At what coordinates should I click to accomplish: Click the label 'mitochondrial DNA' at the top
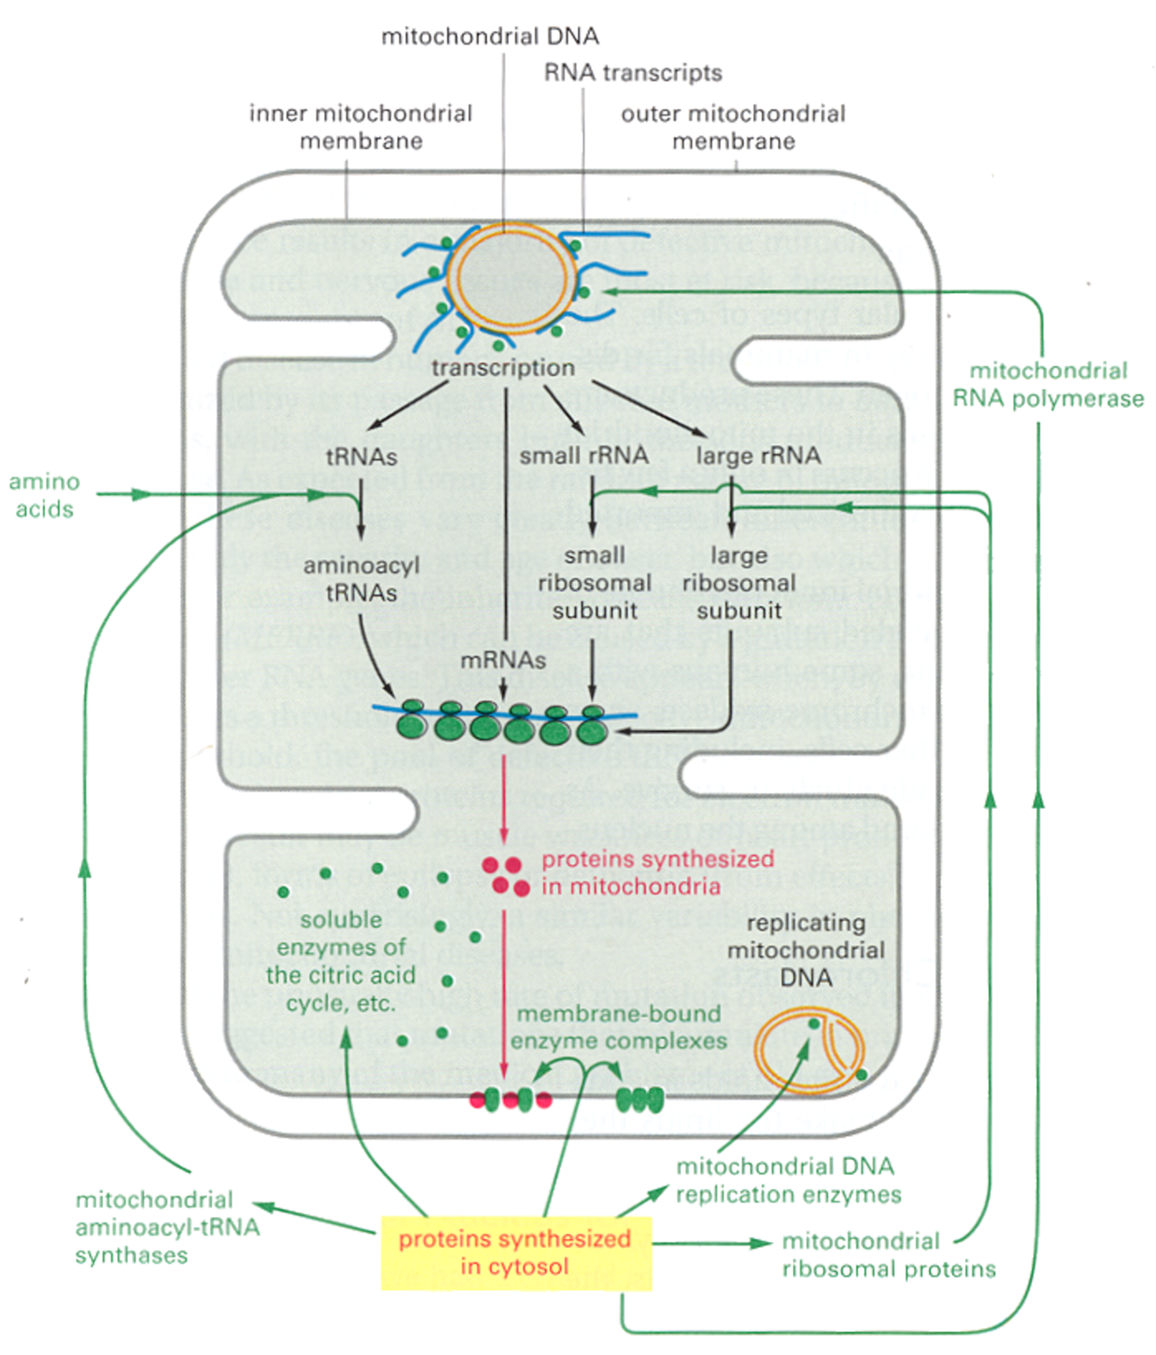(490, 36)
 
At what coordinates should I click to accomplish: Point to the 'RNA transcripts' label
(633, 73)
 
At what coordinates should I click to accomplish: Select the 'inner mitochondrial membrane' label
(360, 126)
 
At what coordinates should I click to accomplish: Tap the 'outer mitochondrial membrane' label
(733, 126)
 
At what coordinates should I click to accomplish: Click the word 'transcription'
(503, 367)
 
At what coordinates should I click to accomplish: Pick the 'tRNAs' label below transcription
(361, 456)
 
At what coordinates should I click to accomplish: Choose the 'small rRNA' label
(583, 455)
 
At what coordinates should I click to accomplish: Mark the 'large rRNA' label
(758, 455)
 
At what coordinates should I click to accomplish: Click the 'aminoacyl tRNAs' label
(361, 579)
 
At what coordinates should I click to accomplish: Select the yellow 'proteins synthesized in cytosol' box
(516, 1253)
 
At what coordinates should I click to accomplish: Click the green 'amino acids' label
(44, 495)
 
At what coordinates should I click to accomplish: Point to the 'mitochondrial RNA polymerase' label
(1048, 385)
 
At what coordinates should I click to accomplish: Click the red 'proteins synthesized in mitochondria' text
(657, 872)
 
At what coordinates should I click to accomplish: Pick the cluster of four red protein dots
(506, 875)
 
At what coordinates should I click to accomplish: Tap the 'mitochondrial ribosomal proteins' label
(888, 1255)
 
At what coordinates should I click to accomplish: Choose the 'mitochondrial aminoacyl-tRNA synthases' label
(166, 1227)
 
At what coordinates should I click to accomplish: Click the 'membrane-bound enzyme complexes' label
(619, 1027)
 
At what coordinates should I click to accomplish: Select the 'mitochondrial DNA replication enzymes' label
(788, 1180)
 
